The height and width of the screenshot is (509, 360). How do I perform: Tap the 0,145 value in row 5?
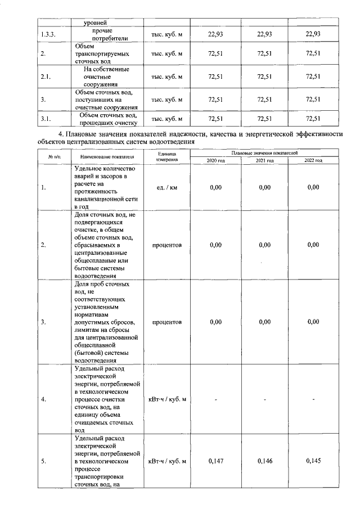pos(314,461)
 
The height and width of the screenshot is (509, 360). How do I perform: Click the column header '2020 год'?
pos(215,160)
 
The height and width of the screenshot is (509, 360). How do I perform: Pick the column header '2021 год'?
pos(264,160)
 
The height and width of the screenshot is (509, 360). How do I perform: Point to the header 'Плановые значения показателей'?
pos(264,152)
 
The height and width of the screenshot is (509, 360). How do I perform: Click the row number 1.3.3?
pos(49,35)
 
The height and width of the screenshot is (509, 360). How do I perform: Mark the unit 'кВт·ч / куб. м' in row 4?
pos(167,399)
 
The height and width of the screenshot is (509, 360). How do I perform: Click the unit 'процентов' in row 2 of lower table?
pos(167,245)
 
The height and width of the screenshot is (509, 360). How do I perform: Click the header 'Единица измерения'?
pos(167,156)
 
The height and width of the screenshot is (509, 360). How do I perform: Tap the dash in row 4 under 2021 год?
pos(264,400)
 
